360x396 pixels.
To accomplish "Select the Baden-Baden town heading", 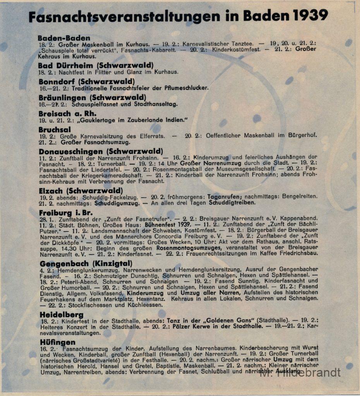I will tap(64, 38).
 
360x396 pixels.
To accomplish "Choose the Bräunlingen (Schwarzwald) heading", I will tap(92, 97).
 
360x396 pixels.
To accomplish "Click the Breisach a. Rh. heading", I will tap(67, 114).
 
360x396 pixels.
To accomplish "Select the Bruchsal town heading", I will tap(55, 130).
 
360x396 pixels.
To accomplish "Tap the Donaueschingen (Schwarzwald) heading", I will tap(101, 151).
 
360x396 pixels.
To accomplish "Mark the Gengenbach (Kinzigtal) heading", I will tap(86, 263).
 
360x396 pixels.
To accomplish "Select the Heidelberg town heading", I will tap(62, 315).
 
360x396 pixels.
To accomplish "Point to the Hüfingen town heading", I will tap(58, 342).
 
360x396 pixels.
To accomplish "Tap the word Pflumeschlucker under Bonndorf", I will tap(186, 88).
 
